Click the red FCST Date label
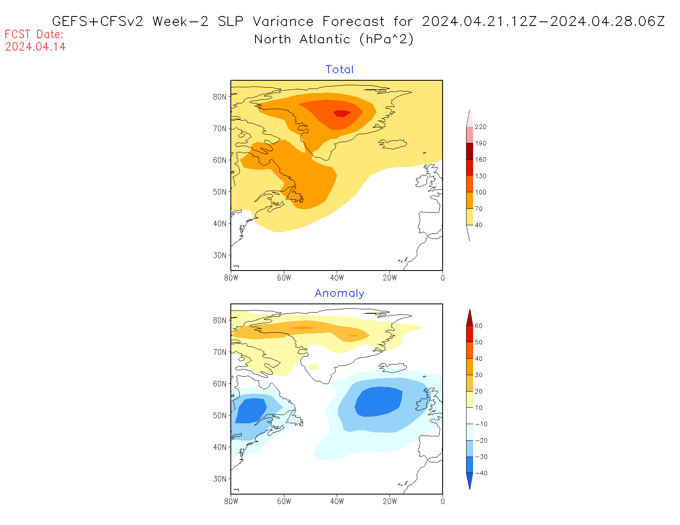pos(34,34)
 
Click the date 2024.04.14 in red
pos(35,47)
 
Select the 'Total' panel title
pos(340,70)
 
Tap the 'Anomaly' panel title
pos(340,293)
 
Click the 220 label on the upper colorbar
pos(481,127)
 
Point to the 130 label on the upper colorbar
pos(481,176)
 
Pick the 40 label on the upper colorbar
pos(478,225)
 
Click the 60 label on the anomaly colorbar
pos(478,326)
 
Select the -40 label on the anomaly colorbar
pos(481,473)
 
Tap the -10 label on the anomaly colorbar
pos(481,424)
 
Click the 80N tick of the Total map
pos(220,97)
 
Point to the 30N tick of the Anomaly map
pos(220,479)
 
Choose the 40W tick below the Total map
pos(337,278)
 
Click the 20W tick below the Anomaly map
pos(390,502)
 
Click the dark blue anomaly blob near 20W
pos(378,402)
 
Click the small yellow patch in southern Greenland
pos(314,366)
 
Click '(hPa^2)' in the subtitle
pos(386,39)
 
